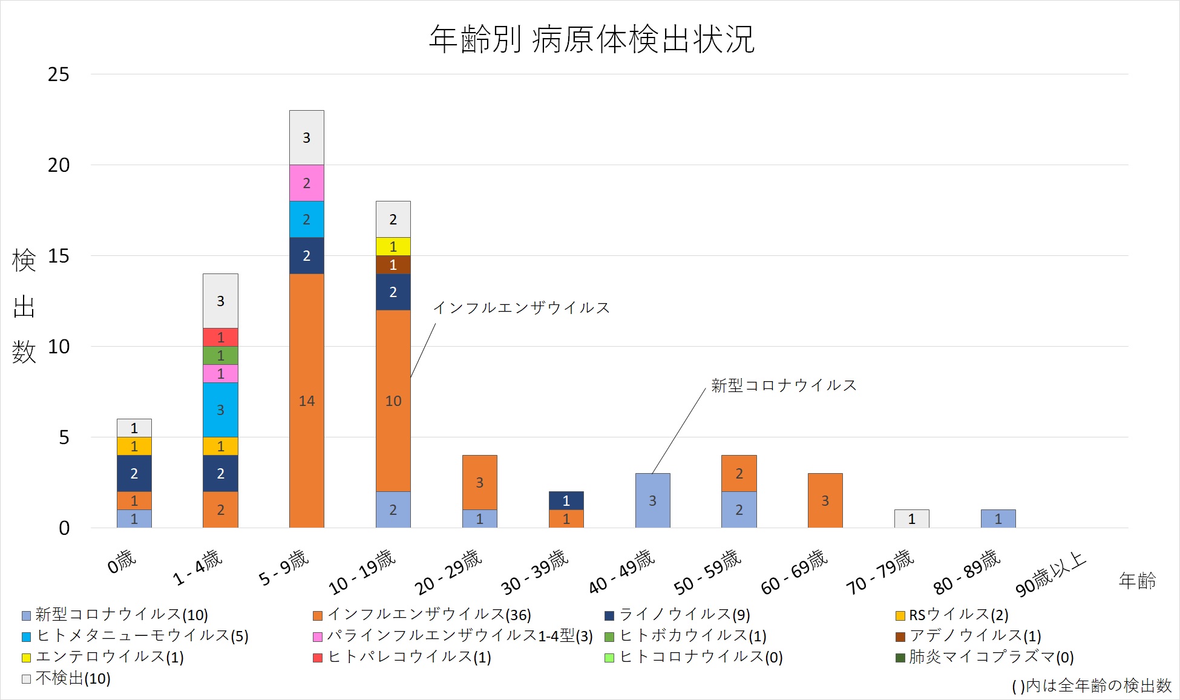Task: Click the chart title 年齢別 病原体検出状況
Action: tap(591, 39)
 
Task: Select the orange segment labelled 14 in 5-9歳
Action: tap(307, 401)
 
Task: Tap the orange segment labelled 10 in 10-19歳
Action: tap(393, 401)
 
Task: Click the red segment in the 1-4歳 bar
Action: tap(220, 337)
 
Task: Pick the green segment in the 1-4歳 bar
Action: tap(220, 355)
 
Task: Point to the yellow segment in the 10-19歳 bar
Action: tap(393, 246)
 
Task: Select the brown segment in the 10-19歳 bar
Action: tap(393, 264)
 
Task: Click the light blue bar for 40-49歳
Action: tap(652, 500)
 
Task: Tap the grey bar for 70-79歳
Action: tap(911, 518)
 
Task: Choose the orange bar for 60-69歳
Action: tap(825, 500)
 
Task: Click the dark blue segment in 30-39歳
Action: tap(566, 500)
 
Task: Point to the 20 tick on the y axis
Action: tap(59, 165)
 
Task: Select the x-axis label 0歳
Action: tap(122, 561)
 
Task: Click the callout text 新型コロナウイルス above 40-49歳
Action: tap(784, 385)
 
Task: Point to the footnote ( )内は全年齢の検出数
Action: tap(1091, 685)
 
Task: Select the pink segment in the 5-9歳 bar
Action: tap(307, 183)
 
